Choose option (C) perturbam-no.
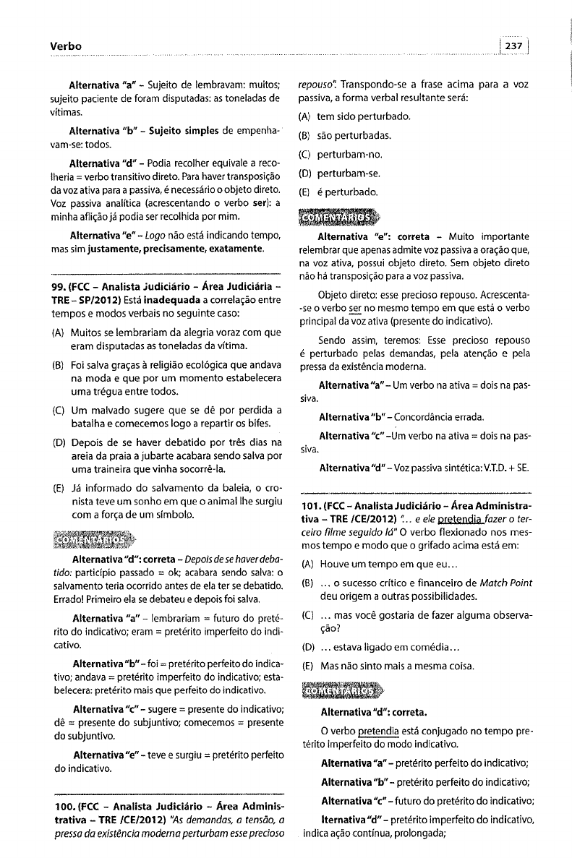[x=349, y=155]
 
